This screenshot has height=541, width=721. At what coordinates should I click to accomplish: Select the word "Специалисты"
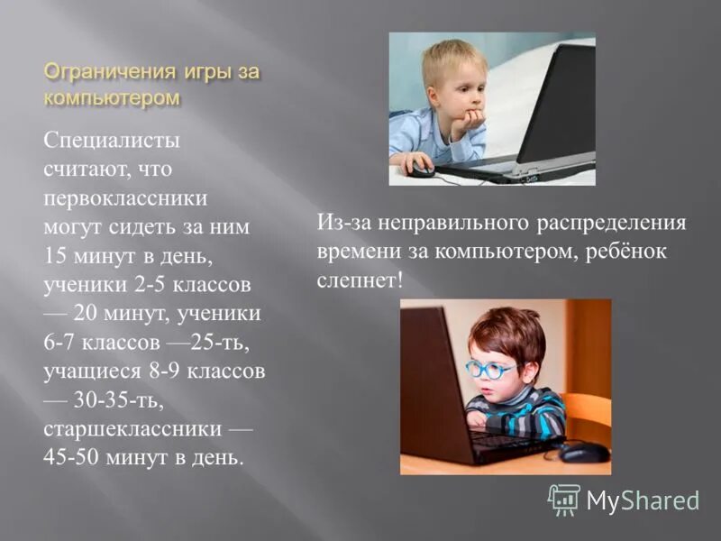(112, 141)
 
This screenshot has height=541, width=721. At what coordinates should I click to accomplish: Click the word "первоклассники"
(125, 197)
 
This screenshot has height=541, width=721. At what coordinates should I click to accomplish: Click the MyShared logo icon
(564, 499)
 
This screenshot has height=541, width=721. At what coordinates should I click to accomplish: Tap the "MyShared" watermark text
(643, 500)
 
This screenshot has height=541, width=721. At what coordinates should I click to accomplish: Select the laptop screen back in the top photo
(559, 104)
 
